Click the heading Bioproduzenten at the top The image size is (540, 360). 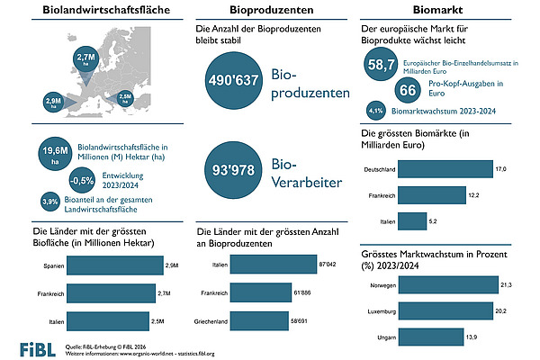(x=271, y=12)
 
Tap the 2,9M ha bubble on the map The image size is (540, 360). (x=52, y=99)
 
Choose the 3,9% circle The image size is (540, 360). (x=53, y=201)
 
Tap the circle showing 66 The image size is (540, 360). (x=407, y=90)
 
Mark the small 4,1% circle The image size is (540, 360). (x=377, y=111)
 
